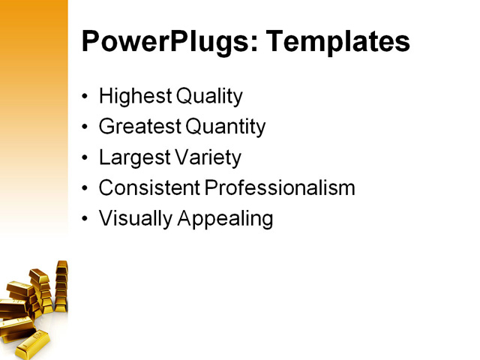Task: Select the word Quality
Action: tap(209, 97)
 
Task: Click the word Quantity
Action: tap(225, 127)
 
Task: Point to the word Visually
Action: tap(134, 219)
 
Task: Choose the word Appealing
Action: tap(224, 219)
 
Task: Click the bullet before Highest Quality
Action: tap(85, 97)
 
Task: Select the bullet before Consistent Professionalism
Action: tap(85, 189)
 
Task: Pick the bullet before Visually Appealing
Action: tap(85, 220)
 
